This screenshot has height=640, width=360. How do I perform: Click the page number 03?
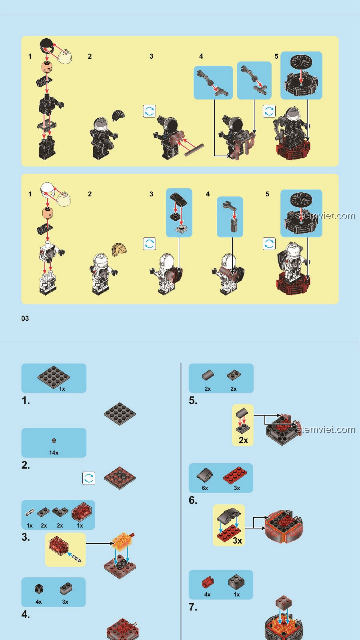[25, 318]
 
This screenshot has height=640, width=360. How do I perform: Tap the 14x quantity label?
[54, 453]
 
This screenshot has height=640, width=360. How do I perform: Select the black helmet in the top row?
[47, 46]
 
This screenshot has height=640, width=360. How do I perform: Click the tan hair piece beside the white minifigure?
[119, 249]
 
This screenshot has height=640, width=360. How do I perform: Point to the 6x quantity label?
[205, 488]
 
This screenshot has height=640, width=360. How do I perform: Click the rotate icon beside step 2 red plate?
[89, 478]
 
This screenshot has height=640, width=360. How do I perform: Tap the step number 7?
[193, 607]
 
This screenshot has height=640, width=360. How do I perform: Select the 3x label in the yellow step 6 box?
[237, 540]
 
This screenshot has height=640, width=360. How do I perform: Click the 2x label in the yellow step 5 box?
[243, 440]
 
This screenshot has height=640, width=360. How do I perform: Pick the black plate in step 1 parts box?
[54, 377]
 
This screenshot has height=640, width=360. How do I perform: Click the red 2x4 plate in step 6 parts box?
[235, 475]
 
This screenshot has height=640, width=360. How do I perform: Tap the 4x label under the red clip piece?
[207, 594]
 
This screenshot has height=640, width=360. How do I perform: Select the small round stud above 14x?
[54, 441]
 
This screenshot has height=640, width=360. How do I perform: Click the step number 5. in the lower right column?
[193, 400]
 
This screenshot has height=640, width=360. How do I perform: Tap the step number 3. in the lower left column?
[26, 537]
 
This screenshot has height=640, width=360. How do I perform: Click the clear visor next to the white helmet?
[63, 199]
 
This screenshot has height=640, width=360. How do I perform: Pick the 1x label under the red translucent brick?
[80, 525]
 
